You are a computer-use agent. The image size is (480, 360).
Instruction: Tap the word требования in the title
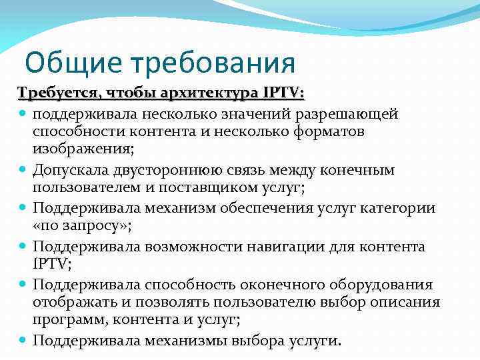pyautogui.click(x=211, y=63)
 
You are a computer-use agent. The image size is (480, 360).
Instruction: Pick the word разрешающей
pyautogui.click(x=351, y=113)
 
